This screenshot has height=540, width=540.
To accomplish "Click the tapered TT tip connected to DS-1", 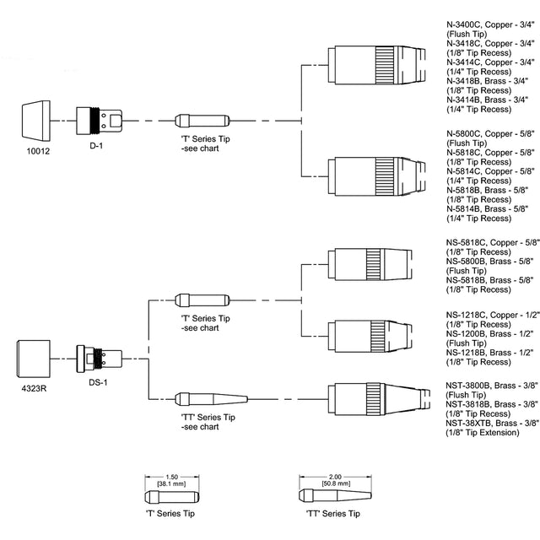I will pyautogui.click(x=211, y=397).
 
